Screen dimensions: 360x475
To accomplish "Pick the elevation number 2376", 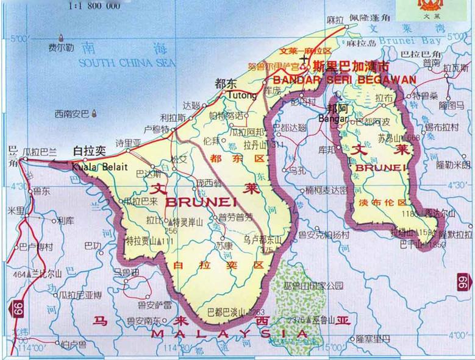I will coord(296,319).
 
